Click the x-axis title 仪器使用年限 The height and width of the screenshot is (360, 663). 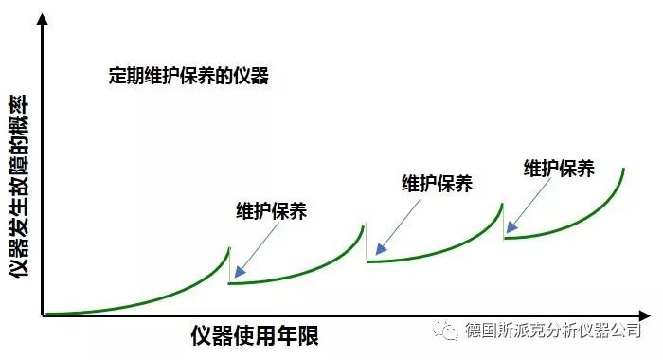click(254, 335)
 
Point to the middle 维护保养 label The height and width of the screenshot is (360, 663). click(437, 184)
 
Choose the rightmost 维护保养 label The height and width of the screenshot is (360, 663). click(559, 169)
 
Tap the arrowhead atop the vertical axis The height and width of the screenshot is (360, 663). click(43, 20)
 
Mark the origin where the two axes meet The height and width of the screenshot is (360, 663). click(43, 315)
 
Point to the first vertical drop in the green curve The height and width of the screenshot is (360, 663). click(229, 265)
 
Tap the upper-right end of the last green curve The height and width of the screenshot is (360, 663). click(623, 169)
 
